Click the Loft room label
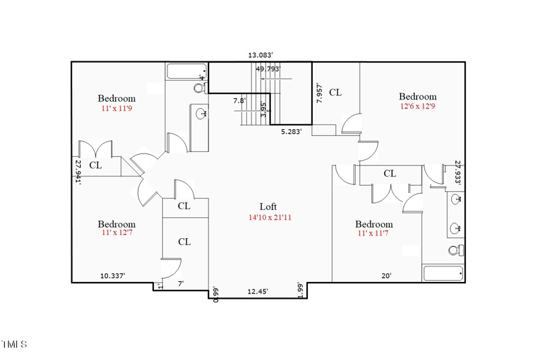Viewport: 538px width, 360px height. pyautogui.click(x=268, y=207)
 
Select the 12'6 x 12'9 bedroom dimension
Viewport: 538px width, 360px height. pyautogui.click(x=418, y=106)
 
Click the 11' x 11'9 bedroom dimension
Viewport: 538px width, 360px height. pyautogui.click(x=116, y=108)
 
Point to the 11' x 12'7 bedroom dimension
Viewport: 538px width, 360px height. pyautogui.click(x=116, y=233)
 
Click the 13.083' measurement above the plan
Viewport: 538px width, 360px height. pyautogui.click(x=260, y=55)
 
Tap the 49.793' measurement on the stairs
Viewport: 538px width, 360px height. pyautogui.click(x=268, y=69)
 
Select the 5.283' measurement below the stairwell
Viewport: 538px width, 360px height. pyautogui.click(x=291, y=132)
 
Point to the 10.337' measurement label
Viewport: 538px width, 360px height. pyautogui.click(x=112, y=275)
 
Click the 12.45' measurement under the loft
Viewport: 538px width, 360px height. pyautogui.click(x=258, y=291)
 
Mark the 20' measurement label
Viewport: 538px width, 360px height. pyautogui.click(x=387, y=275)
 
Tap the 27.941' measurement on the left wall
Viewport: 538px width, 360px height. pyautogui.click(x=78, y=172)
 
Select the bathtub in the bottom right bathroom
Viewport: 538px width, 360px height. pyautogui.click(x=443, y=273)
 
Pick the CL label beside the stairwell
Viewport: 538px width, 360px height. pyautogui.click(x=335, y=92)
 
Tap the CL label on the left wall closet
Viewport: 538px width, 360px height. pyautogui.click(x=95, y=165)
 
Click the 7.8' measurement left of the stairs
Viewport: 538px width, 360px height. pyautogui.click(x=239, y=101)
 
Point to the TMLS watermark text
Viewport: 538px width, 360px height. pyautogui.click(x=14, y=345)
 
